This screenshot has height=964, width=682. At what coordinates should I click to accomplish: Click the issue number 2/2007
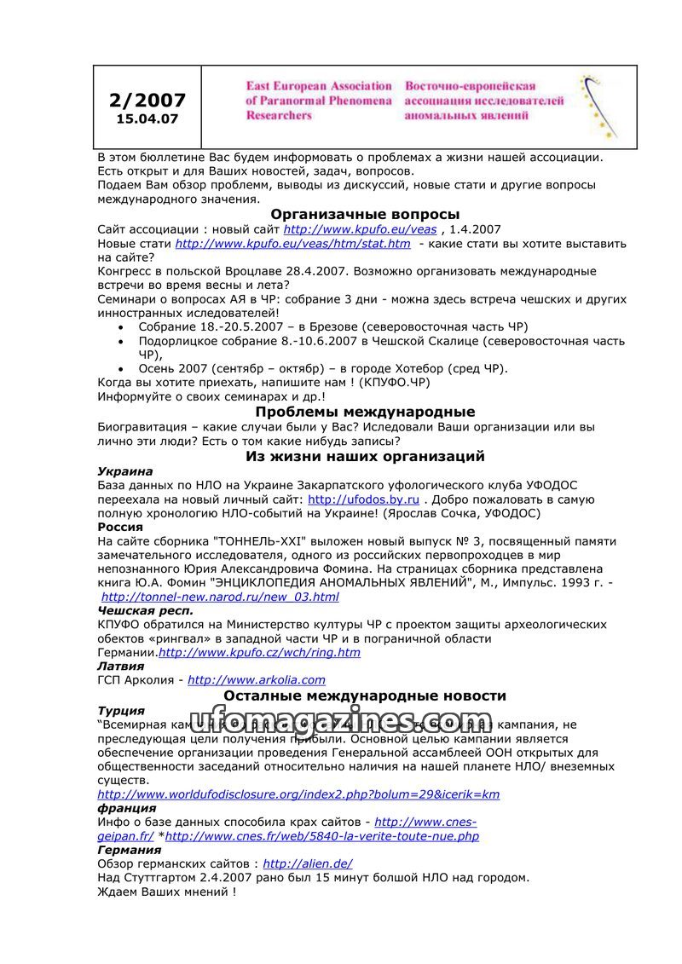tap(147, 101)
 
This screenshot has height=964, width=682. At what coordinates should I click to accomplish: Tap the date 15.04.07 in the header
tap(147, 119)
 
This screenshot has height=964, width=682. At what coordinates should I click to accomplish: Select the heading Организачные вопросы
tap(365, 214)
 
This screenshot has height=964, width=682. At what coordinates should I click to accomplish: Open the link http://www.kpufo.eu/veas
tap(360, 229)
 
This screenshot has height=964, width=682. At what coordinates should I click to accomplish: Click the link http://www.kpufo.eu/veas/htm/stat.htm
tap(292, 244)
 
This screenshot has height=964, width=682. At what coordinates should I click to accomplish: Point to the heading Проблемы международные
tap(365, 412)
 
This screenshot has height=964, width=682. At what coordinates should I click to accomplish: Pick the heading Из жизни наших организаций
tap(365, 456)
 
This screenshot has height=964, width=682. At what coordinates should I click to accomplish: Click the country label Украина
tap(125, 471)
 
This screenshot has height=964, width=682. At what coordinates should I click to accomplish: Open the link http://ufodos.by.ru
tap(363, 499)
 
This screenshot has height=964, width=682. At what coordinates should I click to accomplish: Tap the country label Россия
tap(120, 527)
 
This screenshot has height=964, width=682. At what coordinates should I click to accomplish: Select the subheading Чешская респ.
tap(145, 610)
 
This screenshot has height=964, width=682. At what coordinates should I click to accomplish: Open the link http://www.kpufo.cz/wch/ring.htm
tap(259, 653)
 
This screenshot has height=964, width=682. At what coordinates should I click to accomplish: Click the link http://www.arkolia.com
tap(257, 680)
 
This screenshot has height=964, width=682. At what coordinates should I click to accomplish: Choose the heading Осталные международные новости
tap(365, 696)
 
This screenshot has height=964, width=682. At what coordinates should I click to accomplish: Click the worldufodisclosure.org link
tap(298, 794)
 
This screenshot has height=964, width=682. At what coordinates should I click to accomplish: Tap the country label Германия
tap(129, 850)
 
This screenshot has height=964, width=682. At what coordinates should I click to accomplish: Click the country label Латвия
tap(121, 666)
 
